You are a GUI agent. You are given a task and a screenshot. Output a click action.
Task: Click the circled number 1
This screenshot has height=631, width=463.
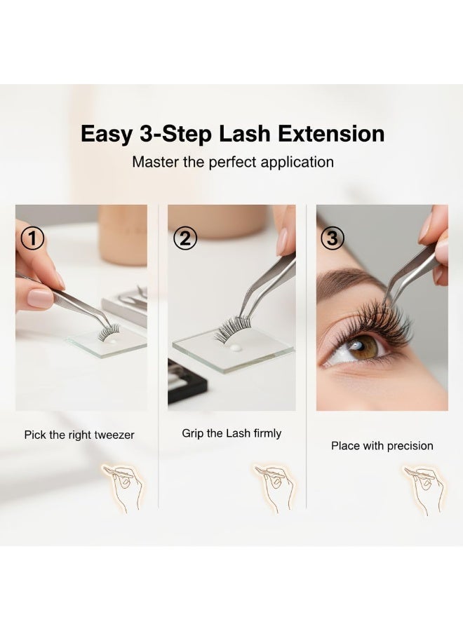click(32, 238)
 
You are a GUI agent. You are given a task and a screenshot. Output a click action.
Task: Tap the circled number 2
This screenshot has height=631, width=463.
click(185, 238)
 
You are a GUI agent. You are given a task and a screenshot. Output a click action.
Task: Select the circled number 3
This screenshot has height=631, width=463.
click(333, 238)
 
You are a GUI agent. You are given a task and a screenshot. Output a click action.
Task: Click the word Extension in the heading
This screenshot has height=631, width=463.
click(331, 134)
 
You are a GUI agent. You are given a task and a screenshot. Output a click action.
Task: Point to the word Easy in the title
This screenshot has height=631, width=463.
click(107, 135)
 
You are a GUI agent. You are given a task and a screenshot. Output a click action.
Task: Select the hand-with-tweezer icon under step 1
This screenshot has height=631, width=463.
click(124, 488)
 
